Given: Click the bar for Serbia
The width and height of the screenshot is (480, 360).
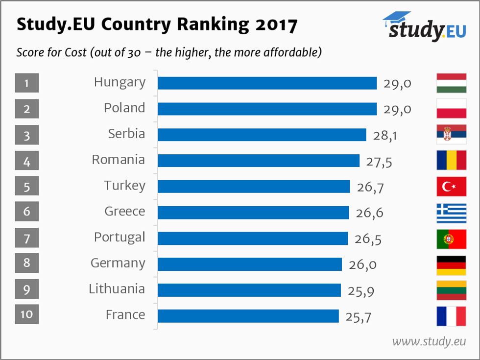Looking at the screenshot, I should pos(262,135).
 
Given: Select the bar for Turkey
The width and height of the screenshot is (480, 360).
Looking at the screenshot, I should pos(254,187).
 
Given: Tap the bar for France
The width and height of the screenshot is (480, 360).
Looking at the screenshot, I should pos(248,316).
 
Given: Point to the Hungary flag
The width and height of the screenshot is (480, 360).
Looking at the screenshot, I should pos(451,83).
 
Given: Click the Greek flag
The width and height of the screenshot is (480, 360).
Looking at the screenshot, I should pos(451,213).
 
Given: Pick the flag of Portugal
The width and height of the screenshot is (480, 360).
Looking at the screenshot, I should pos(451,239).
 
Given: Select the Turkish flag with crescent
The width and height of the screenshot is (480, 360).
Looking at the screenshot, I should pos(451,187).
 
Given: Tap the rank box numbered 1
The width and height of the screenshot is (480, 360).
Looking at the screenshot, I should pos(26,83).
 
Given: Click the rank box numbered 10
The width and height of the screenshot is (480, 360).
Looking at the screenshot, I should pos(26,314).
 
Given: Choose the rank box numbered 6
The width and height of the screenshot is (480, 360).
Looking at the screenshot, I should pos(26,212).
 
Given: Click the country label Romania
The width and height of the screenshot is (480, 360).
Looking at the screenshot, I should pos(119,160).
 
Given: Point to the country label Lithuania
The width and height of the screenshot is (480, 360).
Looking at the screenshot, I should pos(117,289).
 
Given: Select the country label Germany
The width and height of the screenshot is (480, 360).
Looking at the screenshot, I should pos(118,264).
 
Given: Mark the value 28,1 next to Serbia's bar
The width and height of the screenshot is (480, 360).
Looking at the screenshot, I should pos(384,135).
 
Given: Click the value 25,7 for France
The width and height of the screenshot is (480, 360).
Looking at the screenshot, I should pos(358,316).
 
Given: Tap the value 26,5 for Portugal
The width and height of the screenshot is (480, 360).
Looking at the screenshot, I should pos(367,239).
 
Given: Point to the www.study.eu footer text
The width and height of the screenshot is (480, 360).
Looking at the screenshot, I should pos(429,341).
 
